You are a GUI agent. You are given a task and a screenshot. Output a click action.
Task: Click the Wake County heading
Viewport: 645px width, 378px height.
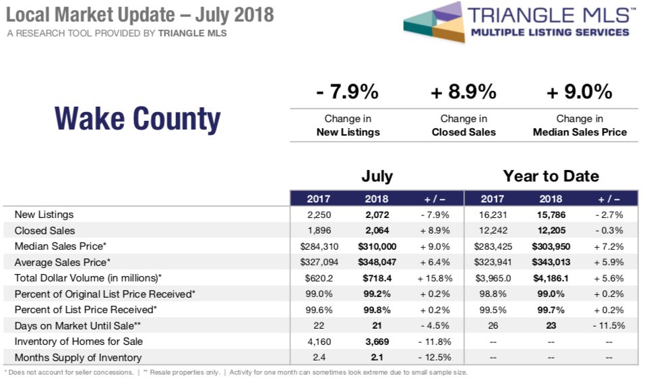coord(137,119)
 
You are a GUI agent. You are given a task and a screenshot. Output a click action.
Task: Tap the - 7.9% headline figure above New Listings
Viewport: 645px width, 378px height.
coord(347,92)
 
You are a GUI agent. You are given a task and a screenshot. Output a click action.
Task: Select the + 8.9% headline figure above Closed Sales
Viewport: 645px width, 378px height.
coord(463,92)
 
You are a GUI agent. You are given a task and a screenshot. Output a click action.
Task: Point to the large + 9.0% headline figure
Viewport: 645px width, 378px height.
coord(580,92)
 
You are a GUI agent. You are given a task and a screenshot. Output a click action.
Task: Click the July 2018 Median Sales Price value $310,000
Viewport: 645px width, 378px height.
coord(377,246)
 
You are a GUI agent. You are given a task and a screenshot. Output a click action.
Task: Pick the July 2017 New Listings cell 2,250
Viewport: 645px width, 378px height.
coord(319,215)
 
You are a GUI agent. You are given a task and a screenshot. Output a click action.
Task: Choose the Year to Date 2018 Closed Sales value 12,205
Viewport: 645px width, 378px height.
coord(551,230)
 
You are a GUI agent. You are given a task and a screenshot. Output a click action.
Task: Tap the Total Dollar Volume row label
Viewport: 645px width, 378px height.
coord(88,277)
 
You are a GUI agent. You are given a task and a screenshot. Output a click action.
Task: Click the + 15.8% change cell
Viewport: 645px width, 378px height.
coord(433,277)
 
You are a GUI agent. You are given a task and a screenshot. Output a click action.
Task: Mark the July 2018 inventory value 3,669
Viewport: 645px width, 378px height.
coord(377,342)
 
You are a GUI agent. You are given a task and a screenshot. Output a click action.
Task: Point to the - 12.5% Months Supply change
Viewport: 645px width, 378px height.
coord(433,358)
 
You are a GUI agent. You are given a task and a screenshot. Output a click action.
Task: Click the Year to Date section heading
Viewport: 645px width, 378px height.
coord(551,177)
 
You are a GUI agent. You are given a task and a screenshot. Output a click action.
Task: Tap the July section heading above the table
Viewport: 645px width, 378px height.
coord(377,177)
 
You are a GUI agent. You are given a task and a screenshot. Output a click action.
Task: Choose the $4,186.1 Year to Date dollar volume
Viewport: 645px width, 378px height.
coord(551,277)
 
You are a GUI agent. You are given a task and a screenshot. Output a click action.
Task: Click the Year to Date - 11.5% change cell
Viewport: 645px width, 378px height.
coord(609,325)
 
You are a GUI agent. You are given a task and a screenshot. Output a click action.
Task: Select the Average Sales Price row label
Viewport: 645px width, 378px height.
coord(62,262)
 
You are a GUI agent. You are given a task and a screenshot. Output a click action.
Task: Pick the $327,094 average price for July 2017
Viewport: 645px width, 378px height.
coord(319,262)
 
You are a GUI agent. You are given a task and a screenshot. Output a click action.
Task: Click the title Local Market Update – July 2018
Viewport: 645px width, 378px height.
coord(140,15)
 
